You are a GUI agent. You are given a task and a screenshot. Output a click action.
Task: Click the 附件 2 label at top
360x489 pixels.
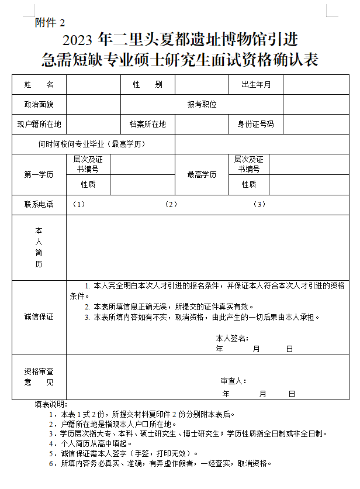(50, 23)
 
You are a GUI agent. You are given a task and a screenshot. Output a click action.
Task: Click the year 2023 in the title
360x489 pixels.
(78, 40)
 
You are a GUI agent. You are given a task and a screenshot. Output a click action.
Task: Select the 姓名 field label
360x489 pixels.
(39, 85)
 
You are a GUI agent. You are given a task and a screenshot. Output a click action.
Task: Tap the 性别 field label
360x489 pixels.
(147, 85)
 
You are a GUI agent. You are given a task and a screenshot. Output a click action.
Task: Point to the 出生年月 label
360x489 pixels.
(256, 85)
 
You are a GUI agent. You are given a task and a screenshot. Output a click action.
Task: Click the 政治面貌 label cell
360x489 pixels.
(39, 104)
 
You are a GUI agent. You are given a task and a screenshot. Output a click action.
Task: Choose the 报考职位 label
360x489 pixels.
(202, 104)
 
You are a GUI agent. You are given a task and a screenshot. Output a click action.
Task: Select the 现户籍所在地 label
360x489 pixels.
(39, 124)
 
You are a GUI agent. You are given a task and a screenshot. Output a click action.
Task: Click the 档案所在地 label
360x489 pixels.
(147, 124)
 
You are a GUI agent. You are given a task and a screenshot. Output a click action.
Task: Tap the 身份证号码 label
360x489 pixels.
(255, 124)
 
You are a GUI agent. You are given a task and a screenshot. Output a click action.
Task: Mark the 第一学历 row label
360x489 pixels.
(39, 174)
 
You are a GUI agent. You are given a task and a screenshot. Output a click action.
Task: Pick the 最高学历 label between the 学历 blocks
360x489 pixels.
(202, 174)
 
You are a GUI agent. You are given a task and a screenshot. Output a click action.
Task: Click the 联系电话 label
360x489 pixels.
(39, 204)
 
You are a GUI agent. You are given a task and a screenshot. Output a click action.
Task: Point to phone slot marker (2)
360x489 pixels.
(171, 204)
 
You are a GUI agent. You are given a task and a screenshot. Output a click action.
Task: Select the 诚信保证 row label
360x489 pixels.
(39, 316)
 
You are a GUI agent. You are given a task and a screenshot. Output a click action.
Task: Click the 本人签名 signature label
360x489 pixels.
(232, 338)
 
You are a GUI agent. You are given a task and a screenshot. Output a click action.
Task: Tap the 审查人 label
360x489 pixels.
(233, 381)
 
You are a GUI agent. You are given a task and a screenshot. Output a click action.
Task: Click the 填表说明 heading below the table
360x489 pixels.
(51, 404)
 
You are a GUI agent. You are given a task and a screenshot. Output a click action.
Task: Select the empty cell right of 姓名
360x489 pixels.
(94, 85)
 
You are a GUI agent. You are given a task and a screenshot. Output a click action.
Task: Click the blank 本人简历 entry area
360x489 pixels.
(207, 247)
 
